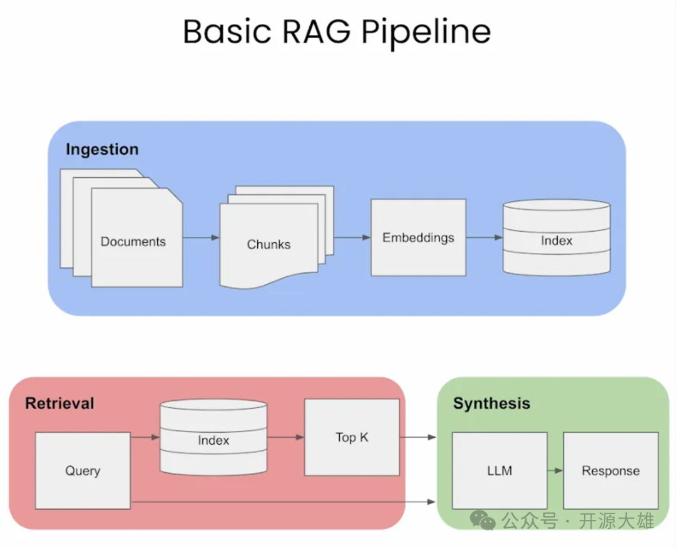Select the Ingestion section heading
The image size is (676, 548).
102,150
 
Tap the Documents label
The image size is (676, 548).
133,242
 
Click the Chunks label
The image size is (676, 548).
269,245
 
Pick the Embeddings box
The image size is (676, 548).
418,237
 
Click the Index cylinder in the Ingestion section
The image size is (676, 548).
556,238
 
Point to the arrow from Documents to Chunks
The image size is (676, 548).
201,238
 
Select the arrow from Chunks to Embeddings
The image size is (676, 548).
352,238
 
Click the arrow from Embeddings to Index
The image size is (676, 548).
484,238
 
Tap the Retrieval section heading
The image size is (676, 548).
59,403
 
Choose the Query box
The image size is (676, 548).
83,470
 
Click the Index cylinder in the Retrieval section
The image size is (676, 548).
213,438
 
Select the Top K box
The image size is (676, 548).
352,437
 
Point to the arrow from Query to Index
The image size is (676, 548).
145,437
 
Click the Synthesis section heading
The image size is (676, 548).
491,404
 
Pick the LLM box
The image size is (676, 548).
499,470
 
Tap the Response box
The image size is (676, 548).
610,470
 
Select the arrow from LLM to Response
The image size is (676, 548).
555,470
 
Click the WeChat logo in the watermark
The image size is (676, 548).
483,520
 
